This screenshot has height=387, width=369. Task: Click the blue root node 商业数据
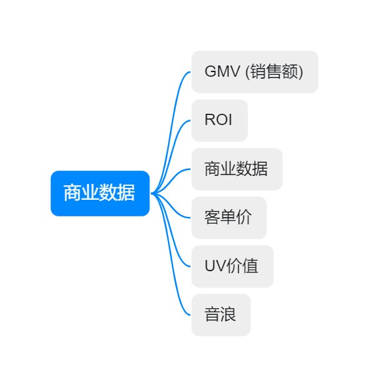click(100, 193)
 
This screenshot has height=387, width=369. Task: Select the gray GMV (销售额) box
click(255, 72)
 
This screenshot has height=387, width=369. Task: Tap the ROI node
click(220, 120)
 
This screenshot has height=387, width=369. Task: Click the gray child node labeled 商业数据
click(237, 169)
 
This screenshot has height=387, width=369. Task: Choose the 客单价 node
click(229, 218)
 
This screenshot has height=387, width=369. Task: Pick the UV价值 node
click(233, 267)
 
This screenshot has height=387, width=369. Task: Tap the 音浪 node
click(221, 315)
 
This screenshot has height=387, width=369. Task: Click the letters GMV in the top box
click(222, 71)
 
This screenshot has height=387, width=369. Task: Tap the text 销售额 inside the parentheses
click(274, 71)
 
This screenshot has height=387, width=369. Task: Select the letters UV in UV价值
click(215, 266)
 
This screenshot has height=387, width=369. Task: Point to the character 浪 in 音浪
click(228, 314)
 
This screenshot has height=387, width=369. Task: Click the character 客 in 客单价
click(212, 217)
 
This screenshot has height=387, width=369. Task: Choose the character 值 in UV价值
click(250, 266)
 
